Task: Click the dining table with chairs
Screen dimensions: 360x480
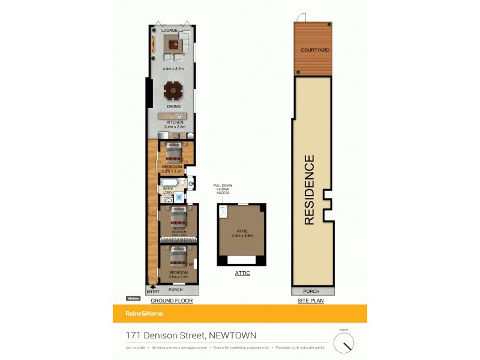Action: (x=173, y=91)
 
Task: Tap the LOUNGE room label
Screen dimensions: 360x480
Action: (x=169, y=29)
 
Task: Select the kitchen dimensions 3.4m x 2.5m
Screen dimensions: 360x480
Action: (x=175, y=127)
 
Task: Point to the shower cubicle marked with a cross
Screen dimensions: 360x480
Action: (x=178, y=196)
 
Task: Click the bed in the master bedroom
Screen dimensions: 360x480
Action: (x=179, y=217)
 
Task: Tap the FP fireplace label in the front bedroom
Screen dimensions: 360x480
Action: (x=191, y=264)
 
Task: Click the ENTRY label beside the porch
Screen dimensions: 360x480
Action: (x=153, y=292)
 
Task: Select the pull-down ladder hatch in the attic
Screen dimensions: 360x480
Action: (x=224, y=211)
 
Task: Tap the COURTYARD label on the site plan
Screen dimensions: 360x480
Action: (x=315, y=49)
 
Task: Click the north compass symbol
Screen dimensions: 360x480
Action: (x=344, y=343)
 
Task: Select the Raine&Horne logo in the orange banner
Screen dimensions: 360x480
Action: (x=144, y=313)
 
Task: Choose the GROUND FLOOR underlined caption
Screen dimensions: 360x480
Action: (x=171, y=300)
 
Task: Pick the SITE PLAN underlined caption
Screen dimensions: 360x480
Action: (x=310, y=300)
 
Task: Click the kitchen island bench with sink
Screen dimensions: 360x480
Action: (x=173, y=115)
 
